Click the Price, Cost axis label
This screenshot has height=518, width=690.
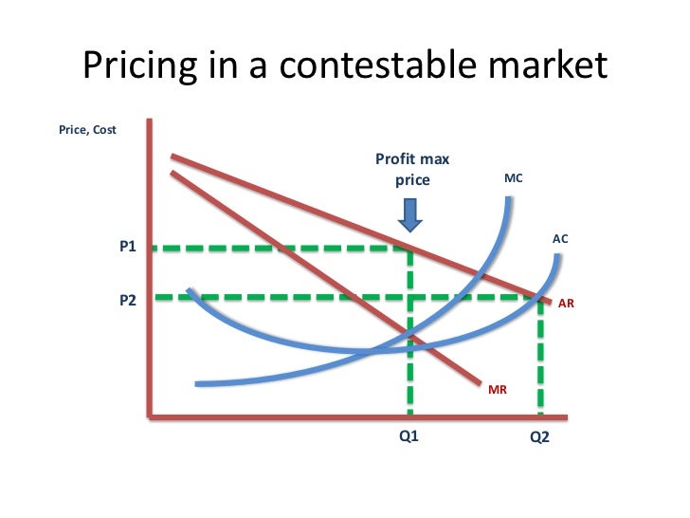[87, 130]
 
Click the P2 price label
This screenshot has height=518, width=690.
[128, 300]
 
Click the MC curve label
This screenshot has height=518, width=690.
[514, 178]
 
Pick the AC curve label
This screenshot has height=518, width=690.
[559, 240]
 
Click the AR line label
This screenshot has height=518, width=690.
[566, 305]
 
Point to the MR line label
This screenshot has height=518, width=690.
[498, 388]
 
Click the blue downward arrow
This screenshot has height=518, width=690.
[410, 215]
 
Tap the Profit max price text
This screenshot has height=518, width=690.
[412, 170]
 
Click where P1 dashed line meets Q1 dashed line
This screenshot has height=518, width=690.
[409, 249]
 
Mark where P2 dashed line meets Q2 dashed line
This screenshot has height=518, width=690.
[540, 298]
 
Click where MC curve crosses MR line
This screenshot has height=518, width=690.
[410, 333]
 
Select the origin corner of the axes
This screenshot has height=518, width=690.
[151, 416]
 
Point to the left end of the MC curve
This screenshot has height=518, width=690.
[197, 383]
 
